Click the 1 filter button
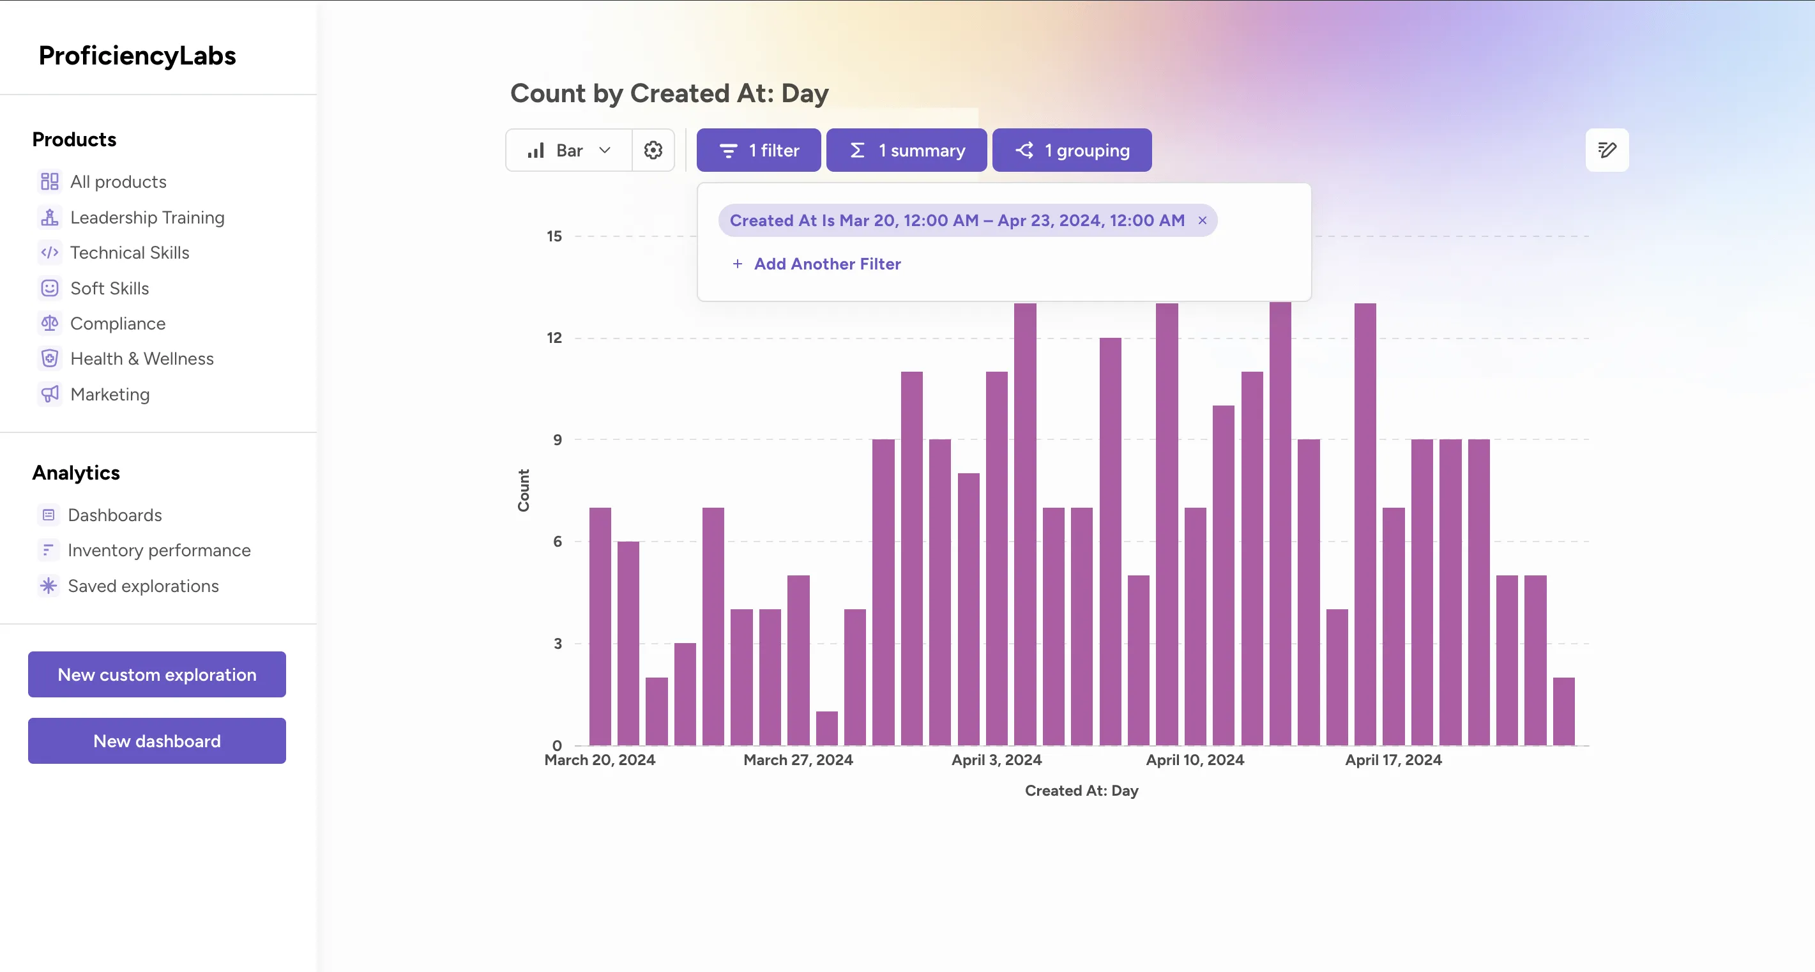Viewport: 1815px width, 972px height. (x=758, y=150)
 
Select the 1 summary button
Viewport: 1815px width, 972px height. (x=906, y=150)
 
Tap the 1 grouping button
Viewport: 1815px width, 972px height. (x=1072, y=150)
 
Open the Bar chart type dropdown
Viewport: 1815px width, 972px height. (x=568, y=150)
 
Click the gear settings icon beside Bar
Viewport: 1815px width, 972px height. (x=653, y=150)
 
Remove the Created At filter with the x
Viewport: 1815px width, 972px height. (x=1202, y=220)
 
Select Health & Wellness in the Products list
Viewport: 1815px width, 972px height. (x=142, y=358)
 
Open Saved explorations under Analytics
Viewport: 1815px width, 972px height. (x=143, y=586)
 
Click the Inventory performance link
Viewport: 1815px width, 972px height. (x=158, y=550)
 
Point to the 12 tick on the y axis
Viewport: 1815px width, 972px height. (x=554, y=338)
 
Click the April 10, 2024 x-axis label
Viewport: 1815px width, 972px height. (x=1195, y=760)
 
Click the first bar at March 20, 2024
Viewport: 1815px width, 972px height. (x=600, y=627)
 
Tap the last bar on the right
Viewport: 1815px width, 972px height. (x=1563, y=711)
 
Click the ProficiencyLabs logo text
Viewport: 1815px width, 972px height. (x=137, y=56)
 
